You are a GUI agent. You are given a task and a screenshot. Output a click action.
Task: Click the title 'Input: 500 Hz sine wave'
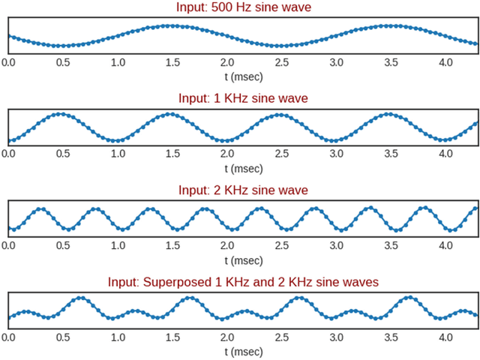tap(243, 8)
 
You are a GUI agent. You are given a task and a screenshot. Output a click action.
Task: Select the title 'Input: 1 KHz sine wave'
tap(243, 98)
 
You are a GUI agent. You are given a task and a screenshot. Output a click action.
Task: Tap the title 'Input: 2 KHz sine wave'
tap(243, 189)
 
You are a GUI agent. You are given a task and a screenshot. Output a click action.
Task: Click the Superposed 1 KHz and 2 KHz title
tap(243, 281)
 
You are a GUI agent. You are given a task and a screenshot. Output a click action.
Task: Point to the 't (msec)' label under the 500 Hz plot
tap(243, 76)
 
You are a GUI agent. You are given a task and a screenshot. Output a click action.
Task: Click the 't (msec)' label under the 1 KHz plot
tap(243, 167)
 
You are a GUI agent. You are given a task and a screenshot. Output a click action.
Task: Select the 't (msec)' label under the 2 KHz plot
tap(243, 259)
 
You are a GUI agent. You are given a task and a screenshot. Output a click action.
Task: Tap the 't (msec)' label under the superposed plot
tap(243, 351)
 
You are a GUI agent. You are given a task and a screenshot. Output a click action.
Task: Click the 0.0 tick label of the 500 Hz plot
tap(8, 62)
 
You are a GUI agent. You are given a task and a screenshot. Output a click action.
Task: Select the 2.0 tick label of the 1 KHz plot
tap(226, 153)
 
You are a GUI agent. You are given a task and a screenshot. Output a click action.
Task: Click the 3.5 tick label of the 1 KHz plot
tap(391, 153)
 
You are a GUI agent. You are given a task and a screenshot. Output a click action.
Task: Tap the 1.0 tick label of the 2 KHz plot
tap(118, 245)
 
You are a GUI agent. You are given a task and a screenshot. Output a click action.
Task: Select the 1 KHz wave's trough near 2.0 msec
tap(226, 140)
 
